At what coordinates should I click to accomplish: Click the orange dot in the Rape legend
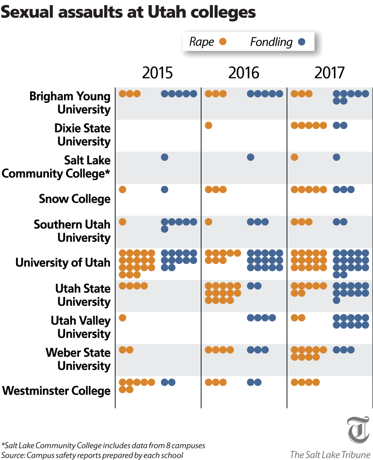[x=223, y=42]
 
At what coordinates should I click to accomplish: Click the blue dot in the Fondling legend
[x=302, y=42]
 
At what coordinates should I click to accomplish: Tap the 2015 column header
[x=157, y=73]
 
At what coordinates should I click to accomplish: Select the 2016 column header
[x=244, y=73]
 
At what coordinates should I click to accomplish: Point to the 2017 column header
[x=329, y=73]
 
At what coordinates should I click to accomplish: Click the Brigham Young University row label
[x=70, y=103]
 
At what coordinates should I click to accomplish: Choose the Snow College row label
[x=75, y=199]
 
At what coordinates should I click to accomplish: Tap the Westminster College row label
[x=56, y=391]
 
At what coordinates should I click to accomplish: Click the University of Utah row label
[x=63, y=263]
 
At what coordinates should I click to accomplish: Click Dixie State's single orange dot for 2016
[x=208, y=126]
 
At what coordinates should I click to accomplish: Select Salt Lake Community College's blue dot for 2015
[x=165, y=157]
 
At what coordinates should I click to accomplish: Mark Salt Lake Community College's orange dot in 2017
[x=294, y=157]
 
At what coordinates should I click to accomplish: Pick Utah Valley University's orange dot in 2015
[x=123, y=318]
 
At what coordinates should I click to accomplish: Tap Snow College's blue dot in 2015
[x=165, y=189]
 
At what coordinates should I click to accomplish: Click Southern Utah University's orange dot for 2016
[x=208, y=222]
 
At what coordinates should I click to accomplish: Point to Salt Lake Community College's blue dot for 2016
[x=250, y=157]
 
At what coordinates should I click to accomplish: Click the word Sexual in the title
[x=27, y=12]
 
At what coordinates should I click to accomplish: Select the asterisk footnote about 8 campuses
[x=103, y=445]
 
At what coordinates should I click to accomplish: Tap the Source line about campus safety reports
[x=92, y=455]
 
